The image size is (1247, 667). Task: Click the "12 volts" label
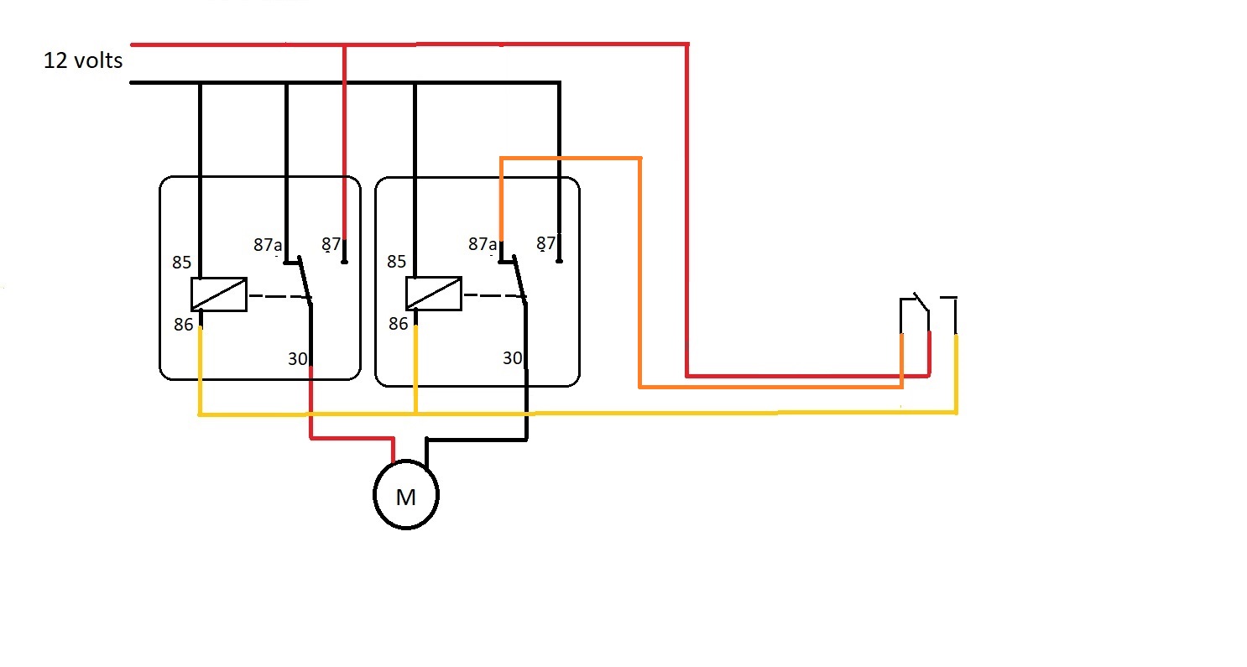83,60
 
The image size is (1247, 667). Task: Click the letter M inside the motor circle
406,498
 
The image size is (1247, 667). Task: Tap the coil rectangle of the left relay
219,294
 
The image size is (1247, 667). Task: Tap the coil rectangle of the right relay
433,294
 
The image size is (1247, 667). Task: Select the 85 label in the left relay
182,263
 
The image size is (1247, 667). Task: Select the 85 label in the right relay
397,262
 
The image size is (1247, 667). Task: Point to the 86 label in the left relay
184,324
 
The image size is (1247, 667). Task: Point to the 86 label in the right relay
398,323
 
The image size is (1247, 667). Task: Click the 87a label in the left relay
267,245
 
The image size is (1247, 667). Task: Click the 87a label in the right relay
482,244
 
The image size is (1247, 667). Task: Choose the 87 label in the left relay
332,244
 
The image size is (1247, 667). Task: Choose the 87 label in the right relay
546,243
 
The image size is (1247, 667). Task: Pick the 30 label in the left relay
298,359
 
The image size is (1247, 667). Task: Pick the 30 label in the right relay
512,358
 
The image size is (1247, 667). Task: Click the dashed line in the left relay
277,295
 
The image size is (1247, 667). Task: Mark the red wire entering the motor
352,437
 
